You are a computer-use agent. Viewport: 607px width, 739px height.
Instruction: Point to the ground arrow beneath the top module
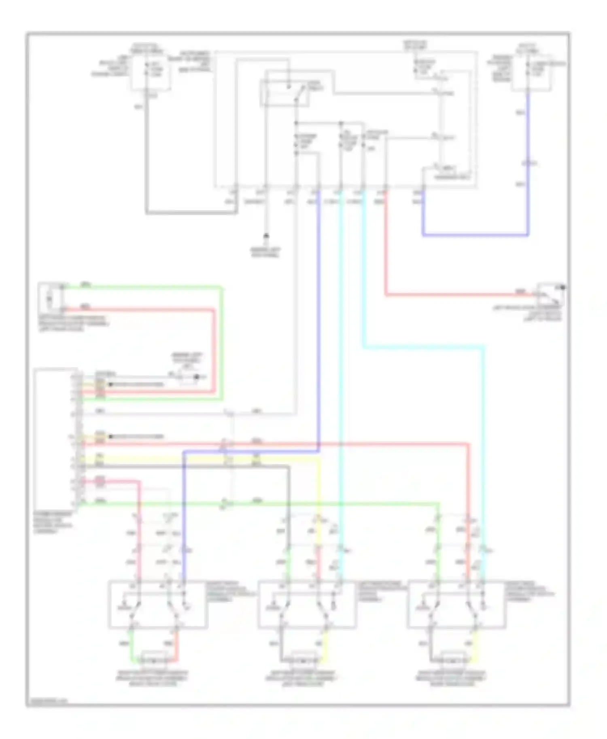266,236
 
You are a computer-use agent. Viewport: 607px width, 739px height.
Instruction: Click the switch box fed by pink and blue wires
158,604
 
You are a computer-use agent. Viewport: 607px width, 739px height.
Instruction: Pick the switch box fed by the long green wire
456,604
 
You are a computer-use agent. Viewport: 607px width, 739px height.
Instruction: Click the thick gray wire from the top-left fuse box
190,212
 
